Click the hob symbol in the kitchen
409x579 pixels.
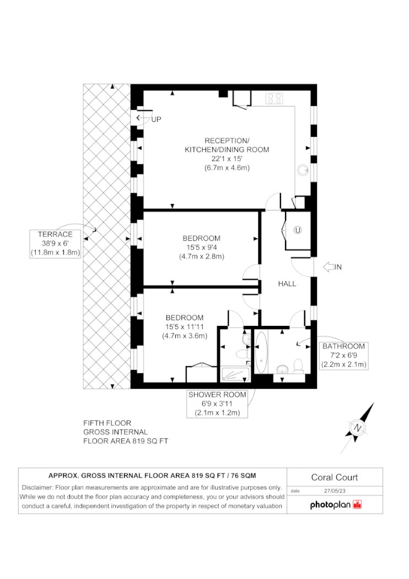pyautogui.click(x=275, y=98)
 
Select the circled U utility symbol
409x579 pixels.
pyautogui.click(x=298, y=230)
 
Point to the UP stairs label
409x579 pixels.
pyautogui.click(x=156, y=120)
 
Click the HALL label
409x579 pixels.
pyautogui.click(x=287, y=283)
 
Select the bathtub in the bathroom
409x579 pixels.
pyautogui.click(x=261, y=352)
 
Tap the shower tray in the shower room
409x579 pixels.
pyautogui.click(x=235, y=374)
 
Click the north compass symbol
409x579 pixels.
pyautogui.click(x=358, y=427)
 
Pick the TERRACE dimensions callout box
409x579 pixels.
pyautogui.click(x=55, y=243)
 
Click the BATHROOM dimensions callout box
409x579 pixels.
pyautogui.click(x=343, y=355)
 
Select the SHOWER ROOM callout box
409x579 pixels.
pyautogui.click(x=217, y=404)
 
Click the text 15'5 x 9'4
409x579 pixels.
pyautogui.click(x=202, y=248)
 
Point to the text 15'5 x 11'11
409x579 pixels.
pyautogui.click(x=185, y=327)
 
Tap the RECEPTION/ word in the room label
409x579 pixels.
pyautogui.click(x=227, y=141)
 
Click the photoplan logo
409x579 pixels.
pyautogui.click(x=336, y=505)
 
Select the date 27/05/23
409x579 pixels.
pyautogui.click(x=335, y=491)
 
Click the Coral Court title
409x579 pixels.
pyautogui.click(x=335, y=477)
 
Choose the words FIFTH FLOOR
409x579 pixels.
pyautogui.click(x=107, y=423)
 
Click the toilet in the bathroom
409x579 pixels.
pyautogui.click(x=298, y=366)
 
